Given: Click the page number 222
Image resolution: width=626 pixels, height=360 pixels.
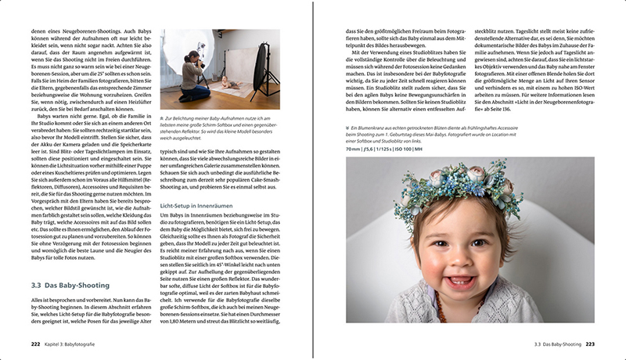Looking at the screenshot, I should (35, 343).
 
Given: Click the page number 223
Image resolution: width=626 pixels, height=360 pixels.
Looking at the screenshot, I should (590, 343).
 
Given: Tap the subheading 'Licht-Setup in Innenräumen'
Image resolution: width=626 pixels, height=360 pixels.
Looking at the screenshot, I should (192, 205).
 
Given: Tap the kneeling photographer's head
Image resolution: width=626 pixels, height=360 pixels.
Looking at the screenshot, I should (189, 57).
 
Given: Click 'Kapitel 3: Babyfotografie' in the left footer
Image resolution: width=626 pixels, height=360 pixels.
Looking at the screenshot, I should (74, 343).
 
